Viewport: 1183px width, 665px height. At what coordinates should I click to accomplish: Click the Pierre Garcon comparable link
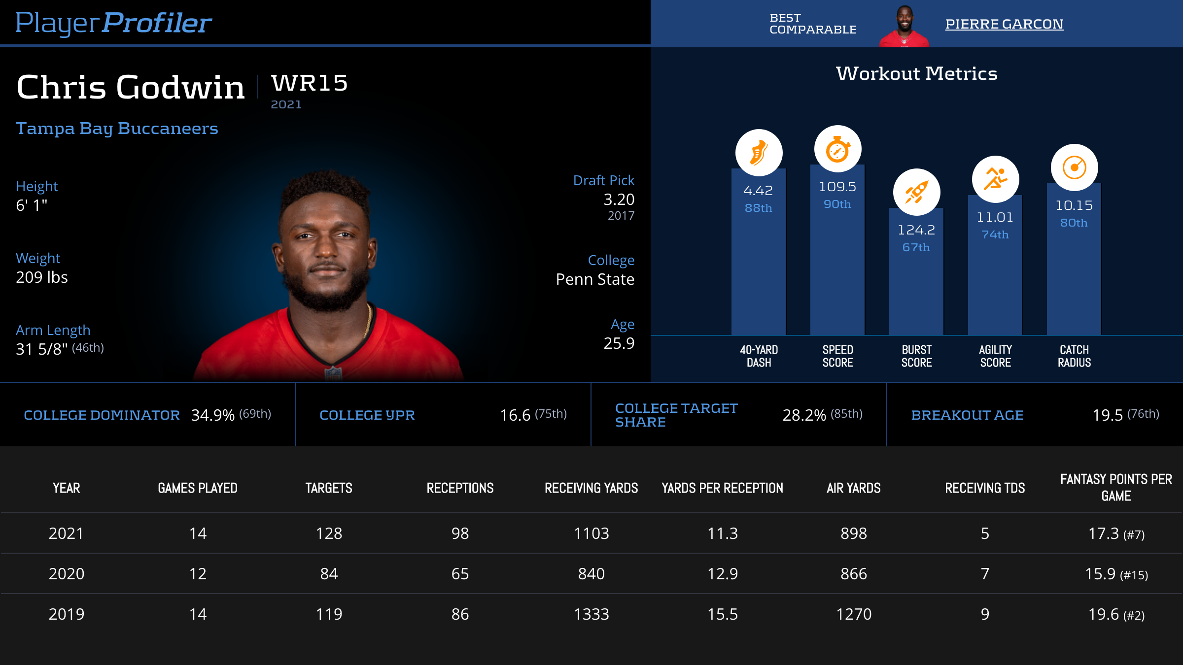[x=1004, y=24]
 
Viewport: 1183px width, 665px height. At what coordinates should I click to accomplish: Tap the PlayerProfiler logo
[x=113, y=23]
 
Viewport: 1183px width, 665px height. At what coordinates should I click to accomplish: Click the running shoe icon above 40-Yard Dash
[x=759, y=153]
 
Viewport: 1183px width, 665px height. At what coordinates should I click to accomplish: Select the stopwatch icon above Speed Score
[x=837, y=149]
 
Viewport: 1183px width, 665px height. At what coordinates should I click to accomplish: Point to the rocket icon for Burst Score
[x=916, y=192]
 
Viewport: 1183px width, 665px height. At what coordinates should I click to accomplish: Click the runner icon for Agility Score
[x=995, y=179]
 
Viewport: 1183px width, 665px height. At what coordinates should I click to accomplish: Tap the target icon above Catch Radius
[x=1074, y=167]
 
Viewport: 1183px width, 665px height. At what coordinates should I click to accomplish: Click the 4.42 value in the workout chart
[x=758, y=191]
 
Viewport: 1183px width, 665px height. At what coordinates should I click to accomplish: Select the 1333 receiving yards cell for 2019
[x=591, y=614]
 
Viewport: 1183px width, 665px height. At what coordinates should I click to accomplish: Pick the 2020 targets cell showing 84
[x=329, y=574]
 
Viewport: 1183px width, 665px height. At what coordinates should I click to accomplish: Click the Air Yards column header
[x=853, y=488]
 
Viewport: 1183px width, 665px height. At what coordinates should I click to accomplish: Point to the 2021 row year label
[x=66, y=533]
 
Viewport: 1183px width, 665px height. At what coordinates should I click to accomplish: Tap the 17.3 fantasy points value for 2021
[x=1104, y=533]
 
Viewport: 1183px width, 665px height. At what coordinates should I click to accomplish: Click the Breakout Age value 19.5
[x=1108, y=415]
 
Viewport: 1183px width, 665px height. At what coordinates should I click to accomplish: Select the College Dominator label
[x=102, y=415]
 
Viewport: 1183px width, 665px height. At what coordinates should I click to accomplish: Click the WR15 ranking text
[x=310, y=83]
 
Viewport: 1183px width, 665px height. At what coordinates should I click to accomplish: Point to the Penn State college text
[x=595, y=279]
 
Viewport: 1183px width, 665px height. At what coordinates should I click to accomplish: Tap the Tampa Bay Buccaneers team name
[x=117, y=128]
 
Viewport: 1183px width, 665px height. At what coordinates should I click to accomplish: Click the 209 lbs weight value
[x=42, y=277]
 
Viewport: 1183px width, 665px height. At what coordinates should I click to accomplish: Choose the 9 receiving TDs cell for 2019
[x=985, y=614]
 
